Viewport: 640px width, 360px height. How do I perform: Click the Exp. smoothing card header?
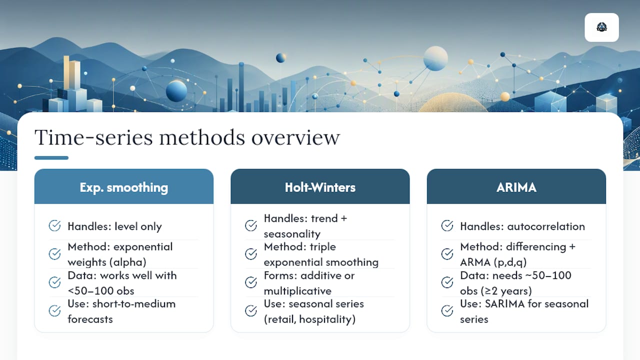pos(123,186)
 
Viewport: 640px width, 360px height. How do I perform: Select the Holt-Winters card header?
pos(320,186)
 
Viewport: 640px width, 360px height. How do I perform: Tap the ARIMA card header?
pos(516,186)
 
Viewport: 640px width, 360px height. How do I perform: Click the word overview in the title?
pos(295,137)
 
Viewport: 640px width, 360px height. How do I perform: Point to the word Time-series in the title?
pos(93,137)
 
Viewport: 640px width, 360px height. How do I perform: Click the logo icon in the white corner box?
pos(601,27)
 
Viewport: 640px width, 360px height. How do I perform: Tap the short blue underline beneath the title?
pos(51,157)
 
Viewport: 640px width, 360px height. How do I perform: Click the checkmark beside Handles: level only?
pos(54,225)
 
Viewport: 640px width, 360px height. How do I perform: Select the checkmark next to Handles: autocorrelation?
pos(447,225)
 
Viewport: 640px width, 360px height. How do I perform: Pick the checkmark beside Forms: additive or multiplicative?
pos(251,282)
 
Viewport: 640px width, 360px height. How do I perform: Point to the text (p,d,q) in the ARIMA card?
pos(509,262)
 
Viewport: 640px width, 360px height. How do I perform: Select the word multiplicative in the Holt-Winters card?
pos(297,291)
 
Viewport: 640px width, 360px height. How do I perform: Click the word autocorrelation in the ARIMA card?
pos(546,226)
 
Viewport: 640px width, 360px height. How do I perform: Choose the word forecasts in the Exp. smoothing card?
pos(90,319)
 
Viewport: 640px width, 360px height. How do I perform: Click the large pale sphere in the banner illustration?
pos(435,58)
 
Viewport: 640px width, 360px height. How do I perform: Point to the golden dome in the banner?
pos(453,103)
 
